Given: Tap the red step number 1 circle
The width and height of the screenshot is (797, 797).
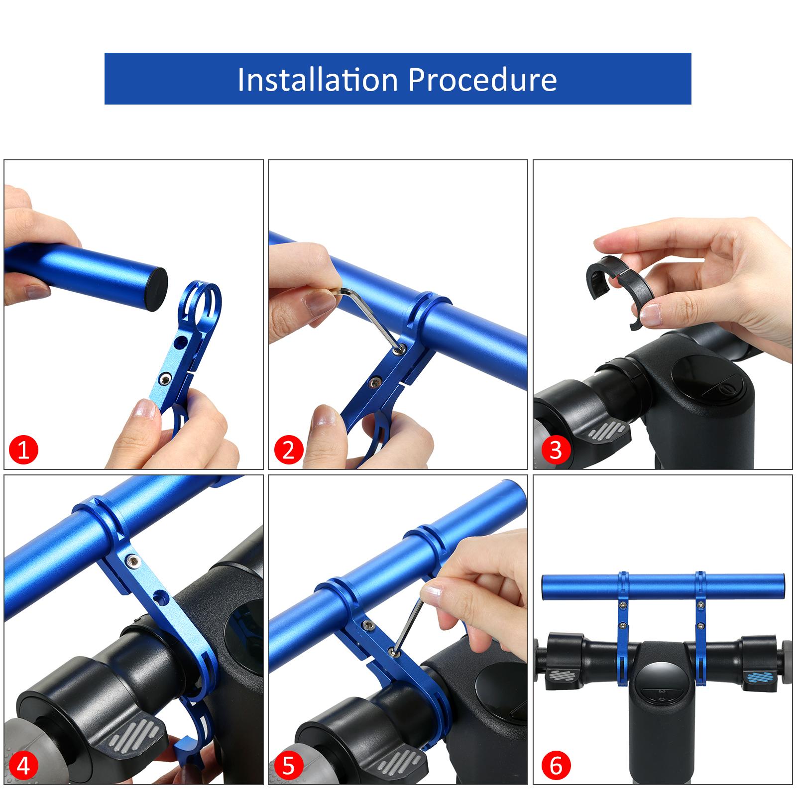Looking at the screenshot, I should pos(23,450).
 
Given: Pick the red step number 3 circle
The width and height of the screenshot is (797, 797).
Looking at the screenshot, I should pos(555,450).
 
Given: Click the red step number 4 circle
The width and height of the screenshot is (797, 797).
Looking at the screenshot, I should pos(23,767).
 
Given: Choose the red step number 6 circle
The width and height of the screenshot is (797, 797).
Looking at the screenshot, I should pos(555,767).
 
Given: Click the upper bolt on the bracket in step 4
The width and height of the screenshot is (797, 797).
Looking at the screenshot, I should pos(133,561).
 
